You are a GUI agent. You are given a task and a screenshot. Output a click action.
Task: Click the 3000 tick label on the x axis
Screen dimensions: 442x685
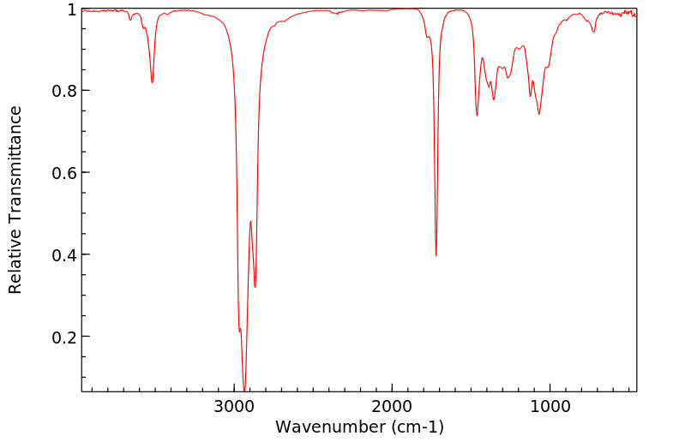point(235,404)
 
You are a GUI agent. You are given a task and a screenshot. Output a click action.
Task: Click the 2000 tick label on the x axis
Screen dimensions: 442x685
point(392,404)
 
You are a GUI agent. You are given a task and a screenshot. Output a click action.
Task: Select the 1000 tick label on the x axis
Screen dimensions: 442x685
point(549,404)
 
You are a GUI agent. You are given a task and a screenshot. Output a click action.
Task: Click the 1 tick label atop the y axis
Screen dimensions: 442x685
point(72,9)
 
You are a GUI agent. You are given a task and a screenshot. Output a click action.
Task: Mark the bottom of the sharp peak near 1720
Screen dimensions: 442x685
point(436,255)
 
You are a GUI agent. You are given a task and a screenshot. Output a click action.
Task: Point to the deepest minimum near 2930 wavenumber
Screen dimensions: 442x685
point(244,390)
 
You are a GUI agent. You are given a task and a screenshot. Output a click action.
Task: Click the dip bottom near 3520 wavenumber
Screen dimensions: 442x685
point(152,82)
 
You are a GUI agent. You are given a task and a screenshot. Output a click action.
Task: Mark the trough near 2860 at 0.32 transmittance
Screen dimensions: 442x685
point(255,287)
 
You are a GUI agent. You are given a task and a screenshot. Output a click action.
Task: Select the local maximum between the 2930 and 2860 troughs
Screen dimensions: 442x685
point(250,221)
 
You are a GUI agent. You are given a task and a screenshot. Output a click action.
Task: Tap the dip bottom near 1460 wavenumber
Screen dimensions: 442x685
point(477,116)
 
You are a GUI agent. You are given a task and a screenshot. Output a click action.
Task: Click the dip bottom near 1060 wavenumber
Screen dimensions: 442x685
point(539,114)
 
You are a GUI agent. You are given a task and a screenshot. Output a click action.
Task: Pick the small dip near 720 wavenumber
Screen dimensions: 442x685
point(593,32)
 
